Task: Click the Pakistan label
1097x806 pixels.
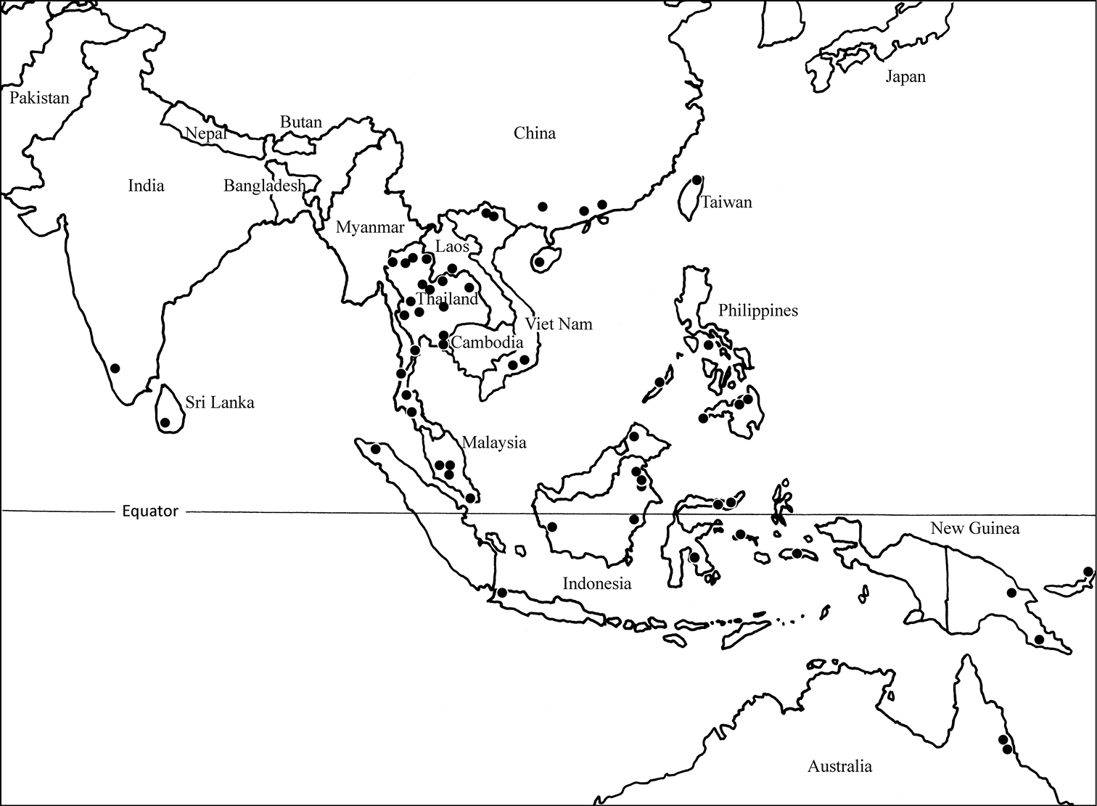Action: [39, 98]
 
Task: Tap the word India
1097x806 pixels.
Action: [146, 186]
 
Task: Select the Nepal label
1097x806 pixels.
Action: [206, 133]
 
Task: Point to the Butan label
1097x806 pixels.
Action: [300, 122]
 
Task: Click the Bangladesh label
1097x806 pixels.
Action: [264, 186]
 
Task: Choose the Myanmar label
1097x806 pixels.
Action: [369, 228]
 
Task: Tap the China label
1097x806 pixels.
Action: [535, 133]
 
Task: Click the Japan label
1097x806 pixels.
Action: [905, 77]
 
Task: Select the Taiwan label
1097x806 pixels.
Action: [726, 202]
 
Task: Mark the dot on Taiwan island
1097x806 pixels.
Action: [697, 180]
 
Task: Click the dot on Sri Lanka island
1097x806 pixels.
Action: [165, 422]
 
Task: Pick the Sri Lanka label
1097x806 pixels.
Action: [220, 403]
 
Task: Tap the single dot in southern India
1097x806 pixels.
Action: [115, 368]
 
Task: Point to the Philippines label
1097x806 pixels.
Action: [757, 311]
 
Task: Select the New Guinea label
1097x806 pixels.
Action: [974, 528]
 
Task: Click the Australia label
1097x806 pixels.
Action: [839, 766]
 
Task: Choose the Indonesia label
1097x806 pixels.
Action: [597, 583]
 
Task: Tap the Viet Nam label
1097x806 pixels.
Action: [559, 324]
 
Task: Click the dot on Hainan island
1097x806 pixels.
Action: [539, 261]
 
